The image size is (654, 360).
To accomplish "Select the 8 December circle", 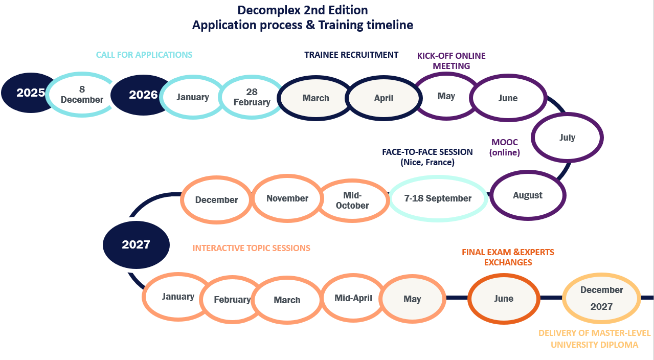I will [82, 95].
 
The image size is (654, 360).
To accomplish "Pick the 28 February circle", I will [252, 97].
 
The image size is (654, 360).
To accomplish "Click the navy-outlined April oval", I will [384, 98].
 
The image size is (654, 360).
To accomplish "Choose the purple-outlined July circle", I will [567, 138].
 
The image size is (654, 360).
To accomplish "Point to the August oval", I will [528, 195].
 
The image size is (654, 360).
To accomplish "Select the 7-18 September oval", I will [438, 198].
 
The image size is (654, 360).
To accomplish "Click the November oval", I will [287, 198].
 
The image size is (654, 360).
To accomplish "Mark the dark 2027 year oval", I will [136, 244].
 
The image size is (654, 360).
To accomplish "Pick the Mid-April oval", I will [353, 298].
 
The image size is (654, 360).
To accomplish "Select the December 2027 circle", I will [601, 298].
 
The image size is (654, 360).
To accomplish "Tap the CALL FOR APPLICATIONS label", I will [144, 55].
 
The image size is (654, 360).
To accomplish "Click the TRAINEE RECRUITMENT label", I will [351, 55].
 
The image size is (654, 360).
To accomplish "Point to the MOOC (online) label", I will [504, 147].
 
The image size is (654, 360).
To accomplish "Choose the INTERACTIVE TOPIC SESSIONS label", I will [251, 248].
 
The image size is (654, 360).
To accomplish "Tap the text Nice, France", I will [427, 163].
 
